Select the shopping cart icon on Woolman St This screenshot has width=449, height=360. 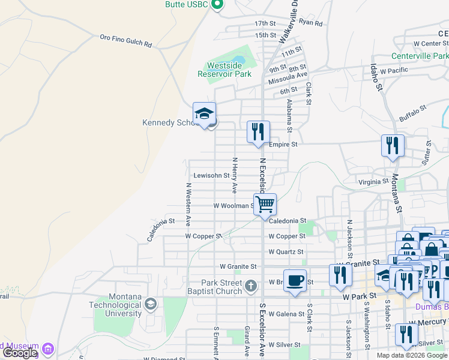point(264,204)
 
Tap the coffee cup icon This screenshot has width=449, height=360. point(295,281)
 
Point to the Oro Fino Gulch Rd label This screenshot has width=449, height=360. point(126,41)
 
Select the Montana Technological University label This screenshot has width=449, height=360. point(125,305)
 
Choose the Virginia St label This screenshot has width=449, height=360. point(373,182)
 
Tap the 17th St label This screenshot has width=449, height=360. point(264,23)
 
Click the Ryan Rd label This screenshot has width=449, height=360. point(310,23)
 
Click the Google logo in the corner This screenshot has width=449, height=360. point(20,353)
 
